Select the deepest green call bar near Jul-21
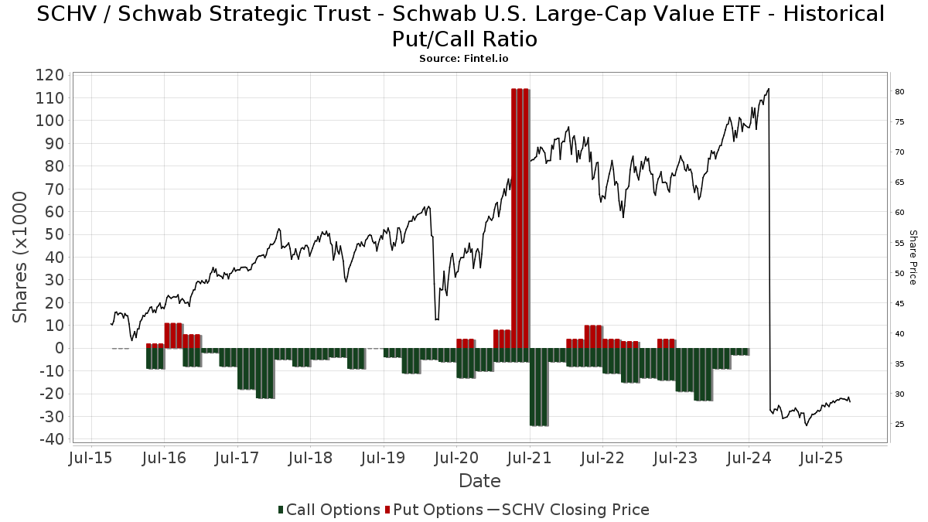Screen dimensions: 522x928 [538, 387]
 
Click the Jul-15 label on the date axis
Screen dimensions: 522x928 [92, 458]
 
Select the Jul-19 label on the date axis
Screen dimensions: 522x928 [384, 458]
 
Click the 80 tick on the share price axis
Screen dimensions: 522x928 [900, 92]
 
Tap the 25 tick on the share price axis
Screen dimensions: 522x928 [900, 425]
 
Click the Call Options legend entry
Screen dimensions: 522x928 [328, 510]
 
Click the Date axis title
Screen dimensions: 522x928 [479, 481]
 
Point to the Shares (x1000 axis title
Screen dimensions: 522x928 [21, 257]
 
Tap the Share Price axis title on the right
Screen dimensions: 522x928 [913, 257]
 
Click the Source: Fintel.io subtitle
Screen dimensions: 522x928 [464, 58]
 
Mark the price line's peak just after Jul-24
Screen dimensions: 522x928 [768, 89]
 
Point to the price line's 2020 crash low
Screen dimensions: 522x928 [437, 319]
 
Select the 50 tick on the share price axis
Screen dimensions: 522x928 [900, 273]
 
